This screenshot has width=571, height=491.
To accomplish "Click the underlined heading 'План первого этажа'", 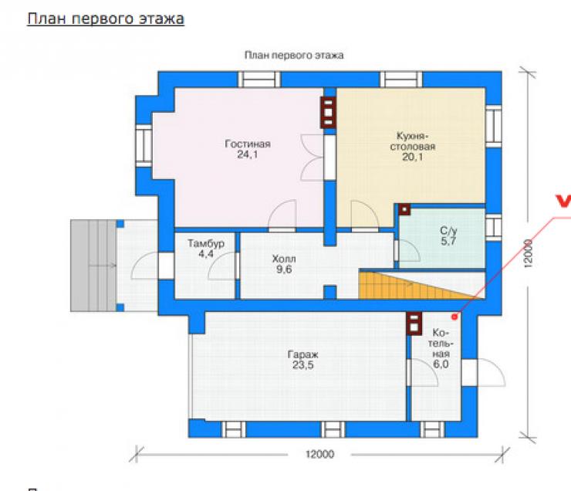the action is tap(106, 19).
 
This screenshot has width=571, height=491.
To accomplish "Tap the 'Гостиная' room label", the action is tap(248, 144).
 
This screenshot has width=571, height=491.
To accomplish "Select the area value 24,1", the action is tap(248, 154).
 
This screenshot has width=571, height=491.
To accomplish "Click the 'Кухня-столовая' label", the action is tap(413, 141).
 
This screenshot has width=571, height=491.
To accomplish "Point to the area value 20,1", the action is tap(413, 157).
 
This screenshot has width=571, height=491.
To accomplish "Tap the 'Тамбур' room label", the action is tap(206, 243).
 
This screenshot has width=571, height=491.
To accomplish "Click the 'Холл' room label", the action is tap(284, 259).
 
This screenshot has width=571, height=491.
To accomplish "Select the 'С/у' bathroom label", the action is tap(448, 231).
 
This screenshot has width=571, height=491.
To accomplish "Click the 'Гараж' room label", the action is tap(303, 354).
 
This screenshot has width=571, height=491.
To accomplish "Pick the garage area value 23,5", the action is tap(303, 365).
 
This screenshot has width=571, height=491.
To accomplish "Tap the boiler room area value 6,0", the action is tap(441, 364).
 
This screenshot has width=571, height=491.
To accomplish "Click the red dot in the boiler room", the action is tap(454, 317).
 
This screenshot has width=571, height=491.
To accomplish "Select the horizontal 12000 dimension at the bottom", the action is tap(319, 454).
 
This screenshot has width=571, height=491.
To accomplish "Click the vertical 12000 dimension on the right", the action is tap(529, 253).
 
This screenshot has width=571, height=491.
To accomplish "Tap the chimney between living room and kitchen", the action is tap(328, 112).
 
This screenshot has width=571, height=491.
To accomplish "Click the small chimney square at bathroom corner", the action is tap(404, 209).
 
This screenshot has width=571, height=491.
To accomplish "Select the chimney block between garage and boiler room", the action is tap(414, 323).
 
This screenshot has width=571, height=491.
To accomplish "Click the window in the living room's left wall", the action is tap(144, 146).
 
